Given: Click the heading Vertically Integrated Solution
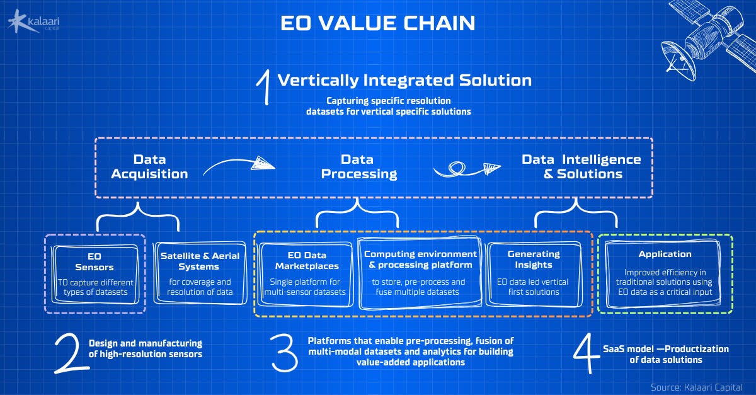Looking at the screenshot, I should [x=404, y=81].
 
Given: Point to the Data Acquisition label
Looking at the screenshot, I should [x=149, y=167].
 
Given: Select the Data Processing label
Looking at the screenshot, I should [x=358, y=167].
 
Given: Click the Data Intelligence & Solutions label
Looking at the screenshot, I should [x=581, y=167].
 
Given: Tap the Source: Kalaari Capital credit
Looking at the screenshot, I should [x=697, y=386].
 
